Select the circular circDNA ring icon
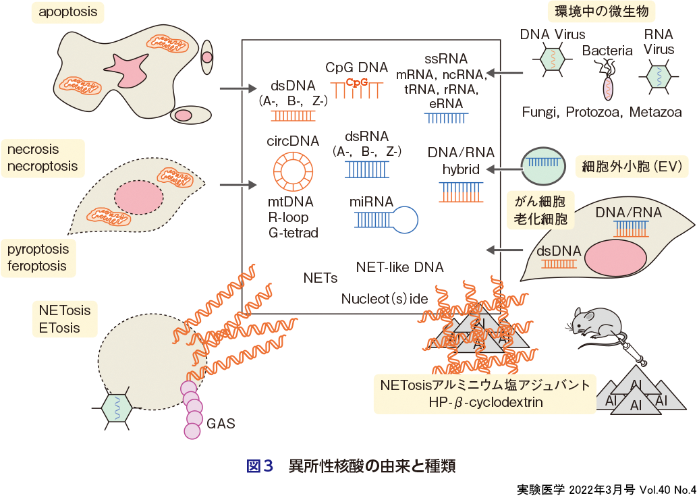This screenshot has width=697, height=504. (x=292, y=170)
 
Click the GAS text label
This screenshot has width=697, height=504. (x=221, y=424)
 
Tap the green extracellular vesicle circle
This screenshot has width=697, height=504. (x=544, y=166)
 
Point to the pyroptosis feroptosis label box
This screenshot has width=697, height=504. (x=38, y=258)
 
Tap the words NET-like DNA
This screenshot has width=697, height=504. (x=399, y=267)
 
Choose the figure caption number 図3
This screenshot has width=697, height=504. (x=260, y=467)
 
